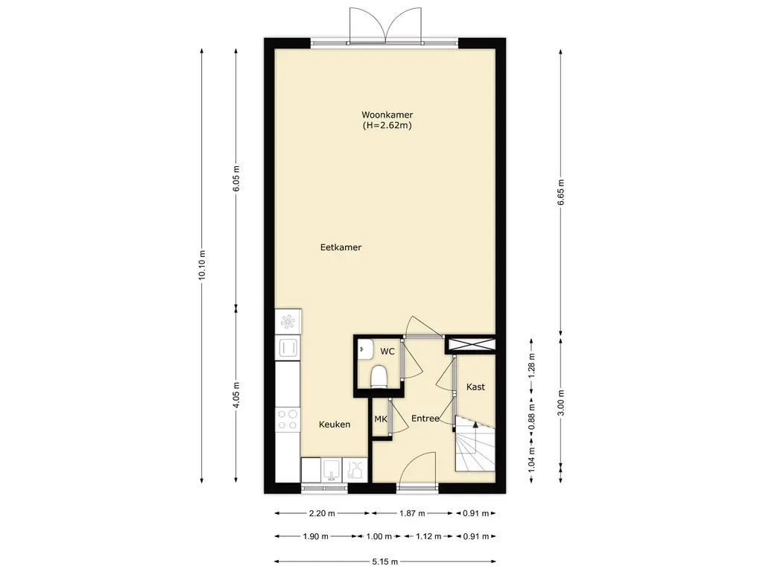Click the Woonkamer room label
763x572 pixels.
pyautogui.click(x=387, y=115)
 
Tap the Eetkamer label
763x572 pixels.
pyautogui.click(x=341, y=247)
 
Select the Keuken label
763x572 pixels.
pyautogui.click(x=335, y=424)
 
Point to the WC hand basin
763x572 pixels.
pyautogui.click(x=365, y=349)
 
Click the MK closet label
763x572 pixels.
pyautogui.click(x=381, y=419)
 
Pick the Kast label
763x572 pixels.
pyautogui.click(x=475, y=387)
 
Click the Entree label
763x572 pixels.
pyautogui.click(x=425, y=419)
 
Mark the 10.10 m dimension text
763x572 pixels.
pyautogui.click(x=202, y=265)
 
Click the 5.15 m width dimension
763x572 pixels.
pyautogui.click(x=385, y=562)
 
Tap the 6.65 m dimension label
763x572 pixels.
pyautogui.click(x=560, y=192)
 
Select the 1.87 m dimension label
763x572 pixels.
pyautogui.click(x=412, y=513)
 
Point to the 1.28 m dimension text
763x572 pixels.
pyautogui.click(x=531, y=363)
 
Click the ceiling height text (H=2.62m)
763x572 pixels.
pyautogui.click(x=387, y=125)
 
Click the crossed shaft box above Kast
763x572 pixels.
pyautogui.click(x=471, y=345)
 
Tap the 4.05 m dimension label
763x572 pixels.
pyautogui.click(x=236, y=395)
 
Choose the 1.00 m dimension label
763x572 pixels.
pyautogui.click(x=379, y=536)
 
